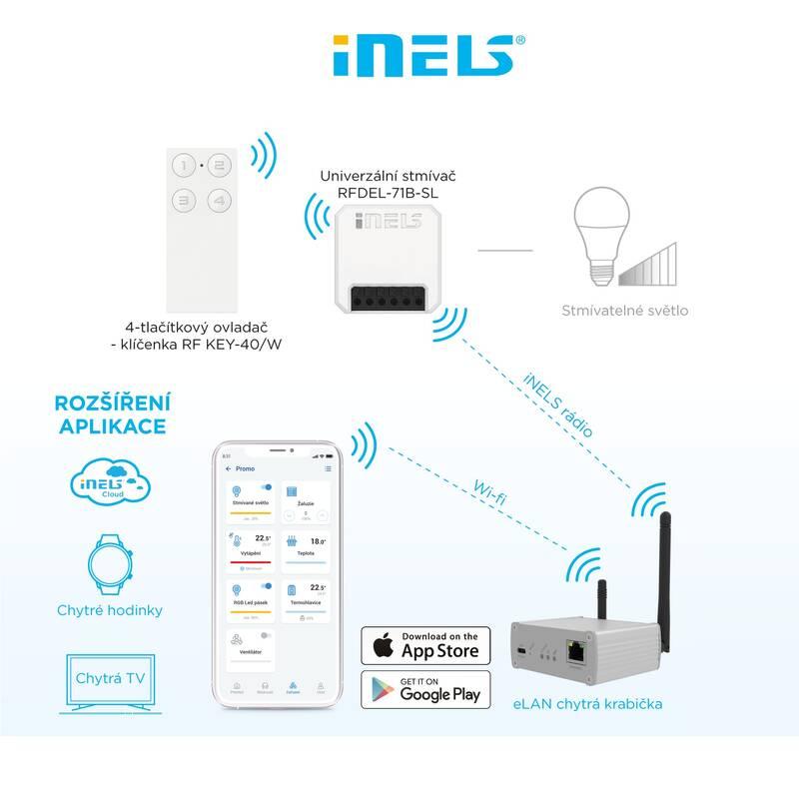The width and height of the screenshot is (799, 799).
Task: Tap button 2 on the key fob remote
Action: coord(220,164)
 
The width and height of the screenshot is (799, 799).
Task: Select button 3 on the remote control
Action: coord(184,201)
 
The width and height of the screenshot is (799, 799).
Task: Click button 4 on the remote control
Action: coord(220,201)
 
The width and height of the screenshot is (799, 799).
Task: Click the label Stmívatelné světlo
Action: coord(624,311)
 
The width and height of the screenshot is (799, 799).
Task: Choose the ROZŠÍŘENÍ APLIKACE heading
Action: coord(105,412)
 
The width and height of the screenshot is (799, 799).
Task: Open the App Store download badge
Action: coord(426,646)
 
